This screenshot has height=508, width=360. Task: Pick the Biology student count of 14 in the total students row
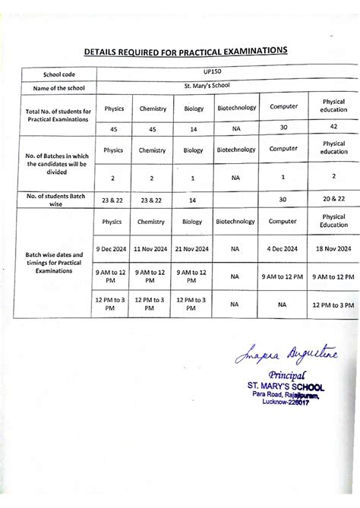(x=193, y=128)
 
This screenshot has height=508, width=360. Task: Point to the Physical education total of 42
(x=333, y=127)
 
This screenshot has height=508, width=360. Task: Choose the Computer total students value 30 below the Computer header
(x=283, y=127)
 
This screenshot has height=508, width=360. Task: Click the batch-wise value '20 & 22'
(x=333, y=200)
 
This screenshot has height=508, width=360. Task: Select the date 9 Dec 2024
(x=113, y=248)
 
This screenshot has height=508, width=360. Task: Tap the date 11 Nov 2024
(x=152, y=248)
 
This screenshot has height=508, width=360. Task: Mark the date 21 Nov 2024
(x=192, y=248)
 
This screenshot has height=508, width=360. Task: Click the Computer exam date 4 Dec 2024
(x=282, y=248)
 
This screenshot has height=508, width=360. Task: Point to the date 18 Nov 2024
(x=333, y=248)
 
